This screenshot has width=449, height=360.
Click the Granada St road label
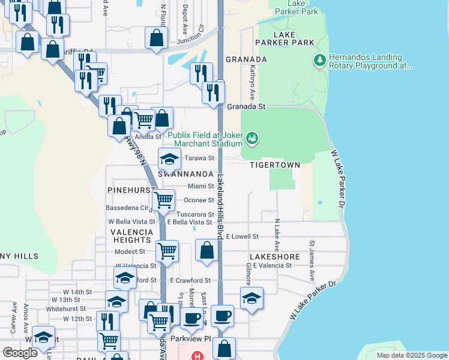coord(246,106)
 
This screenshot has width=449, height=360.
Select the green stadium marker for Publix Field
coord(252,139)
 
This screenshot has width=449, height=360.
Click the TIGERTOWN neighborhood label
coord(271,164)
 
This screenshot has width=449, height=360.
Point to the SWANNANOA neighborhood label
coord(182,173)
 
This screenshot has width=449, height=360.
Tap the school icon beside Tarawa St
coord(169,159)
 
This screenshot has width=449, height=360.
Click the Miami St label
coord(200,187)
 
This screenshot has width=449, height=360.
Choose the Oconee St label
coord(199,200)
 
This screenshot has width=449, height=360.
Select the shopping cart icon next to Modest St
coord(167,250)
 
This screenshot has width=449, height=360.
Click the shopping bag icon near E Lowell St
coord(207,250)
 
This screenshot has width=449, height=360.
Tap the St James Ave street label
coord(312,261)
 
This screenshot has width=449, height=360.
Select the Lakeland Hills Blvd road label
coord(220,207)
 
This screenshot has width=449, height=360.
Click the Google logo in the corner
coord(20,353)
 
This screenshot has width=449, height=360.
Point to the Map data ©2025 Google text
coord(411,355)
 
